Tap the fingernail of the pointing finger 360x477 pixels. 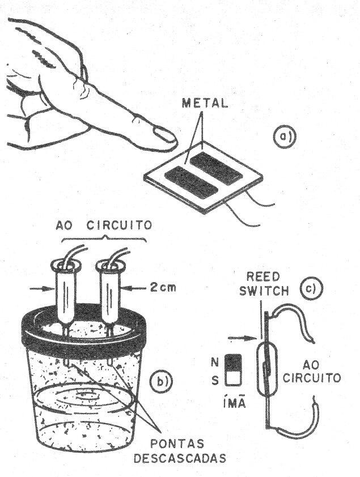pyautogui.click(x=165, y=135)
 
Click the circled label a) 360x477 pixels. pyautogui.click(x=281, y=137)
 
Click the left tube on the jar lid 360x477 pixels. pyautogui.click(x=66, y=295)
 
